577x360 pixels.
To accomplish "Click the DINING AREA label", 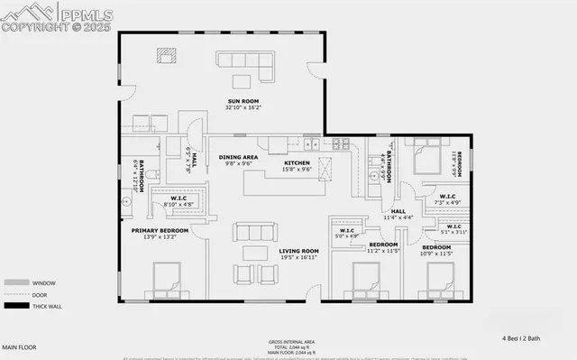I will (239, 157).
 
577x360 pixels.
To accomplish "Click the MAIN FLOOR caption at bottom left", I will (20, 347).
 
